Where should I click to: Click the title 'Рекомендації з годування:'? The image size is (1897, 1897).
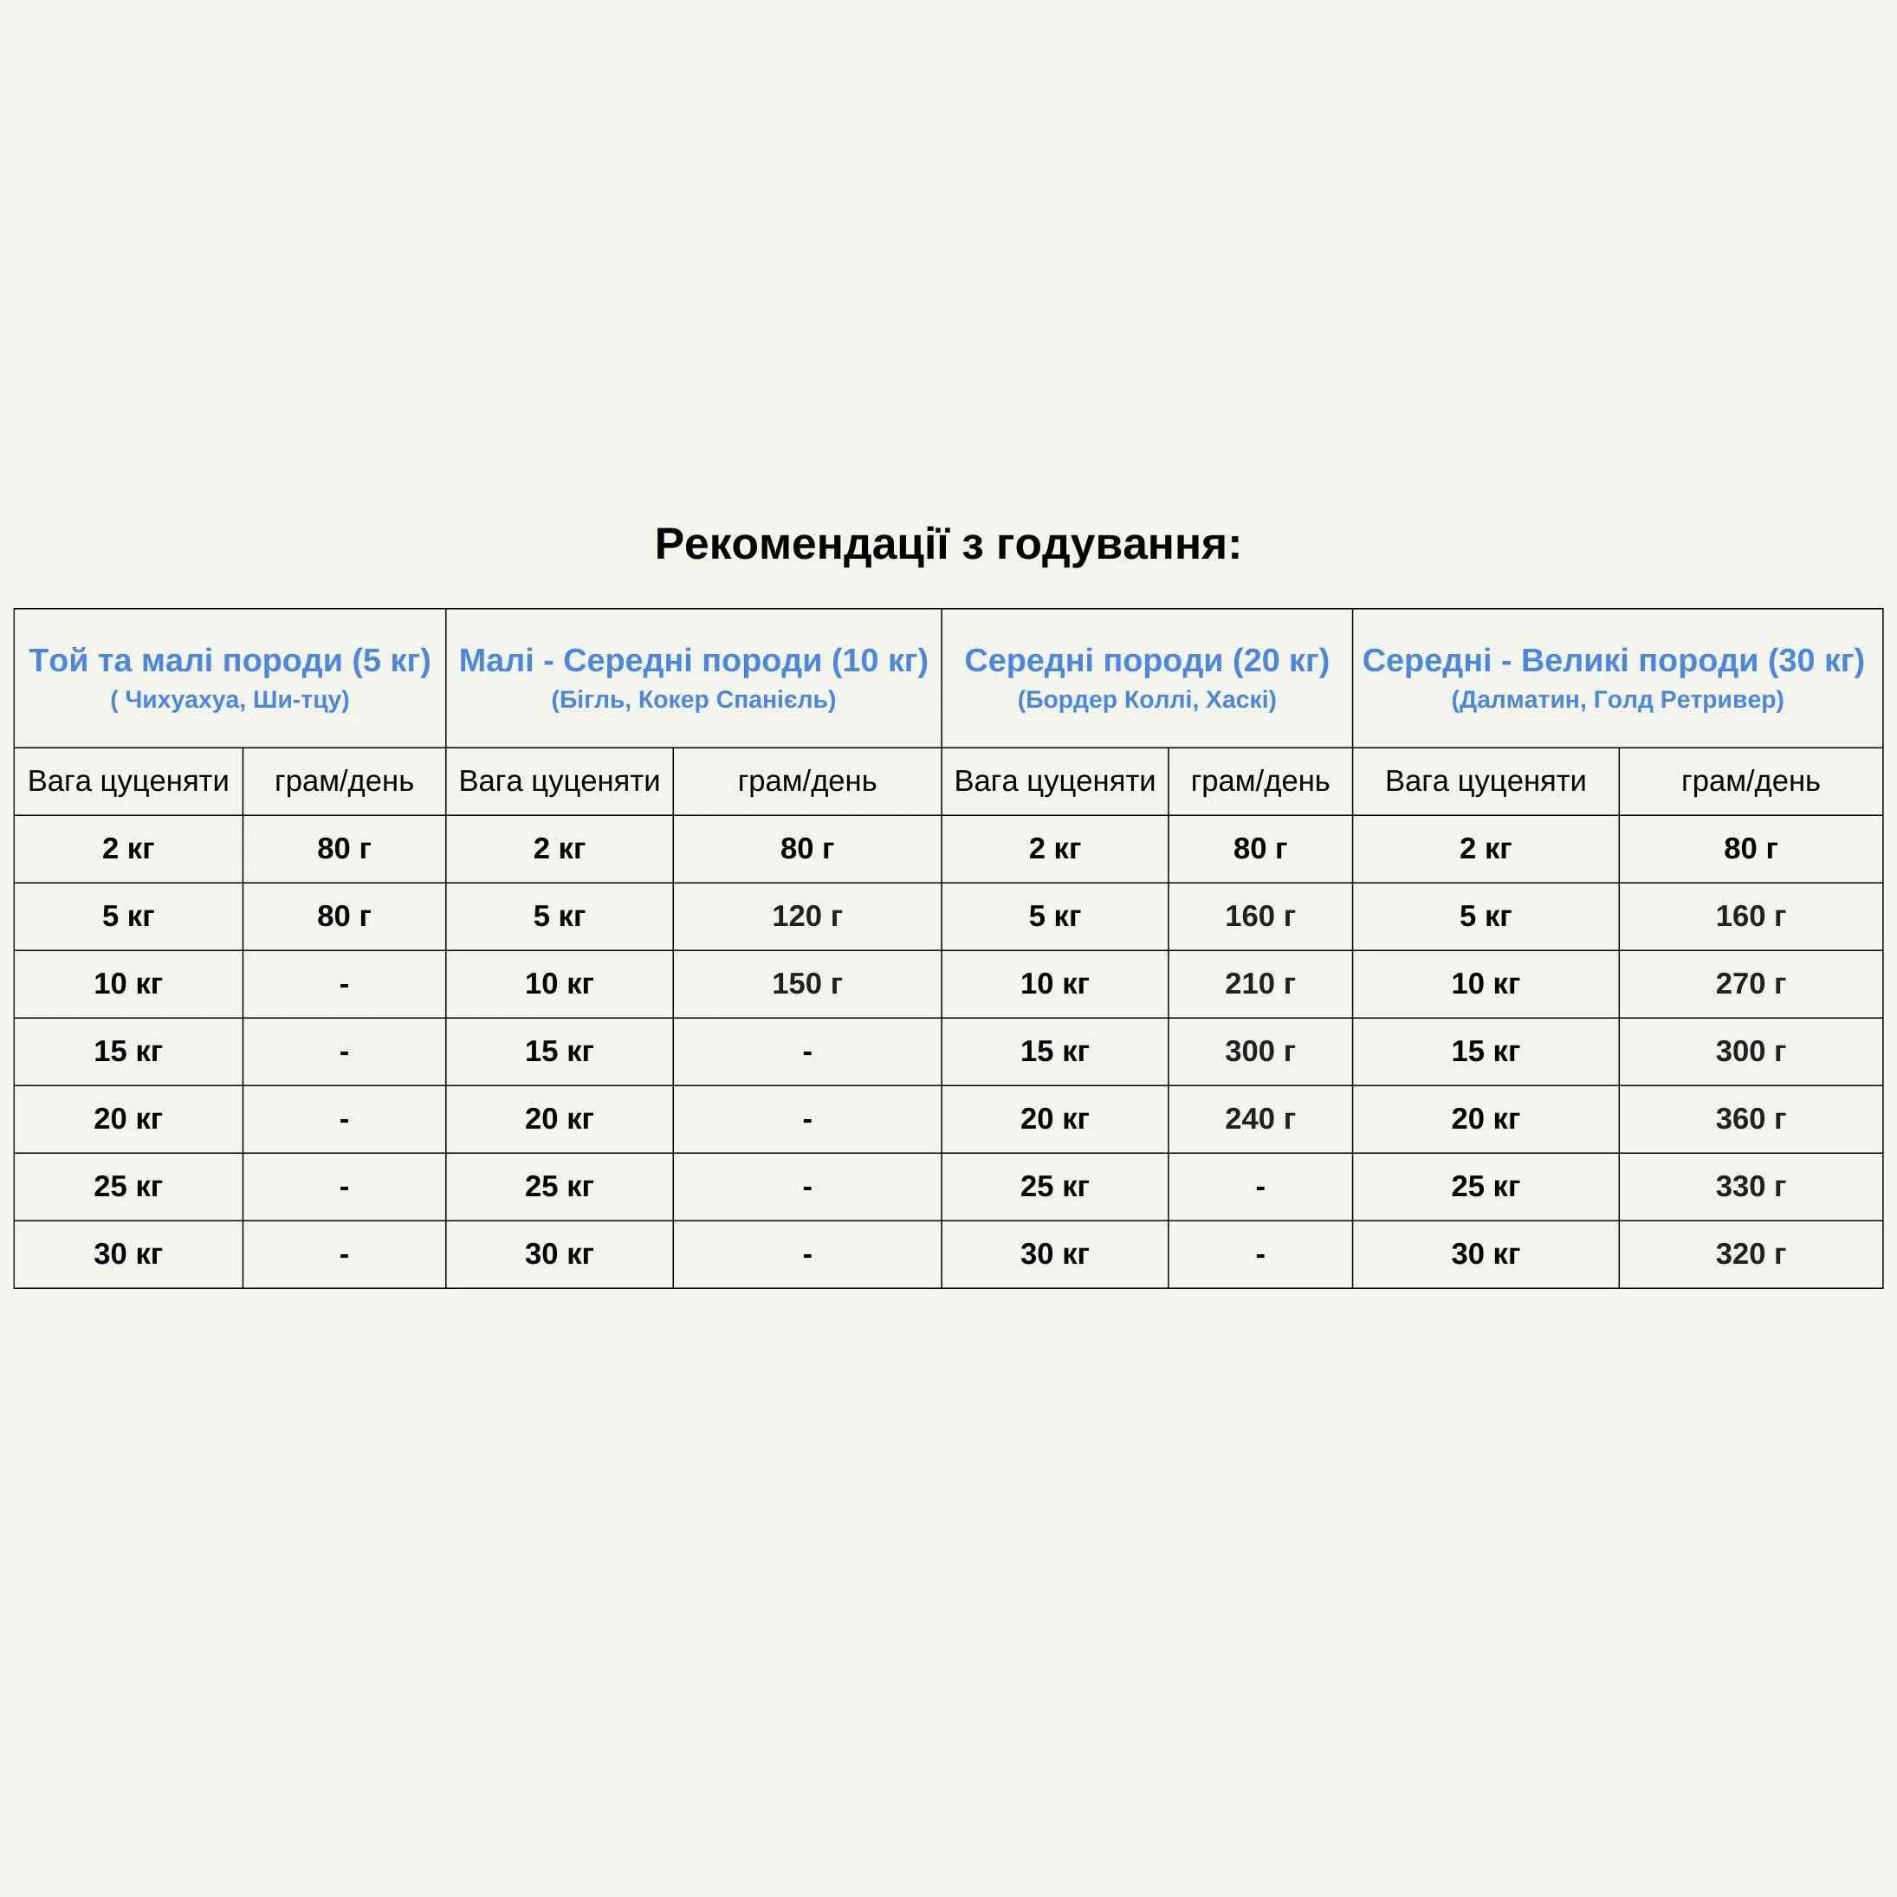(x=948, y=544)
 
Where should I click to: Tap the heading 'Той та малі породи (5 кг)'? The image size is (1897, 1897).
(x=230, y=661)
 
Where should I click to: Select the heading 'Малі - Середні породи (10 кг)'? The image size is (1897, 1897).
(x=693, y=661)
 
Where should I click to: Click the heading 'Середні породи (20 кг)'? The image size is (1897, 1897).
(x=1146, y=661)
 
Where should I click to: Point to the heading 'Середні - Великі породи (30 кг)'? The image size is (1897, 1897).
(x=1612, y=661)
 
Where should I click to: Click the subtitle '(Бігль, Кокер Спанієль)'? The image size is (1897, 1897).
(x=693, y=700)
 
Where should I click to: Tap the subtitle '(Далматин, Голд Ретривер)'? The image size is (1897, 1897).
(x=1617, y=700)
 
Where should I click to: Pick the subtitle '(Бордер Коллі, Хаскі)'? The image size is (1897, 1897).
(x=1146, y=700)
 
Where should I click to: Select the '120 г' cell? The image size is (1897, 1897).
(x=806, y=916)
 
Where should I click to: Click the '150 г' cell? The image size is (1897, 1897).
(x=806, y=984)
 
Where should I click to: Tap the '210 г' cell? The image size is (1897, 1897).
(x=1259, y=984)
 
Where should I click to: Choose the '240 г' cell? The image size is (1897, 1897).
(x=1259, y=1118)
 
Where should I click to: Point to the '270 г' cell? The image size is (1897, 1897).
(x=1750, y=984)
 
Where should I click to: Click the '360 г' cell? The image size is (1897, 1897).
(x=1750, y=1118)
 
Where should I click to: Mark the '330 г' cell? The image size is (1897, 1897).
(x=1750, y=1186)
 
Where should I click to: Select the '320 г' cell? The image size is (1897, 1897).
(x=1750, y=1254)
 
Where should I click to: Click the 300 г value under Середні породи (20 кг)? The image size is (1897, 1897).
(x=1259, y=1052)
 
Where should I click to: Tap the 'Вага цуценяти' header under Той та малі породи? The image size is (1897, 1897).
(x=127, y=781)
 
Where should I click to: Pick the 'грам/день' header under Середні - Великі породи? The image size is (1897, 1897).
(x=1750, y=781)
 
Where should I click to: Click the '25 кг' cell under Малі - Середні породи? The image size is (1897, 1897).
(x=559, y=1186)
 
